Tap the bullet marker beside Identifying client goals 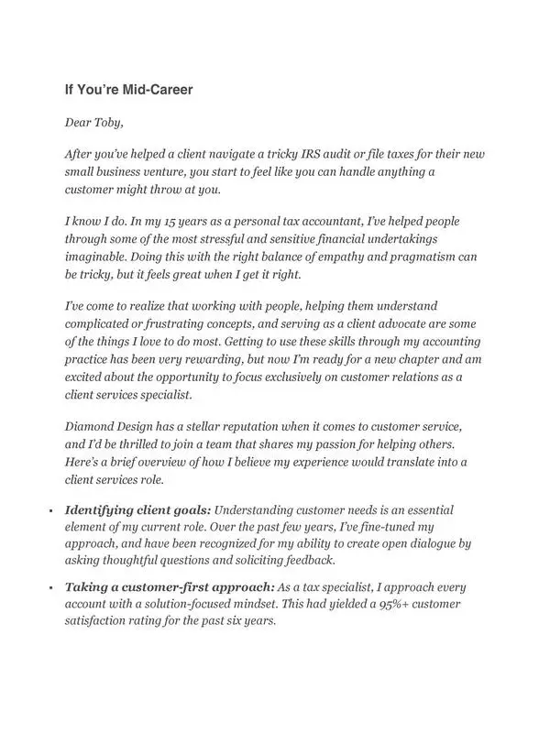point(51,509)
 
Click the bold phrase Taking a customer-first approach point(168,586)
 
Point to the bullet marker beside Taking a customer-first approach point(51,586)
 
